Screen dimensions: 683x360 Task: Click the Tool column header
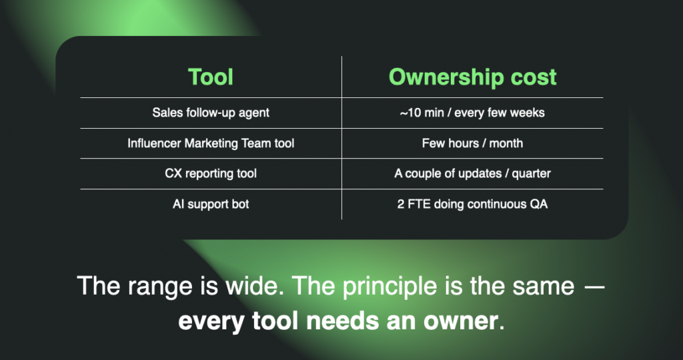click(x=211, y=77)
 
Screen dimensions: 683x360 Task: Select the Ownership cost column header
click(x=473, y=77)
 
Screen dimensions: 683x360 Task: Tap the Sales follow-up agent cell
click(x=211, y=113)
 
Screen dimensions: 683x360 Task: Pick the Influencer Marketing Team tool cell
click(x=211, y=143)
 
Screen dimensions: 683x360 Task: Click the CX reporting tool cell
click(x=211, y=174)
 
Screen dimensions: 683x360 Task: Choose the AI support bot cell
click(x=211, y=204)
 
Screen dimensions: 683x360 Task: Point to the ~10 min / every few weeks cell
click(x=473, y=113)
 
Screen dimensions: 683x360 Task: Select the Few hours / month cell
click(x=473, y=143)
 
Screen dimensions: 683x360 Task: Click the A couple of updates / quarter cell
click(x=473, y=174)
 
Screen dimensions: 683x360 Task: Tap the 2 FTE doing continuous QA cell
click(x=473, y=204)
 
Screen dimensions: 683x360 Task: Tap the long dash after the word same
click(x=594, y=287)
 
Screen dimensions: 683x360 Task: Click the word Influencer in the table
click(x=154, y=143)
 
